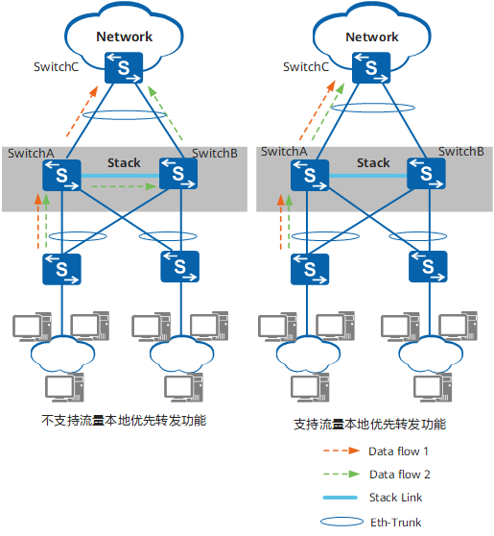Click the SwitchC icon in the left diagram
(x=124, y=67)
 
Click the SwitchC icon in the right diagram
(x=371, y=67)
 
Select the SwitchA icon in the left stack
(x=61, y=175)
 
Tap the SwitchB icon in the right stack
(x=426, y=174)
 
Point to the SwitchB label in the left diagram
(x=215, y=153)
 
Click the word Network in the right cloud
(x=372, y=37)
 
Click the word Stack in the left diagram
(x=124, y=162)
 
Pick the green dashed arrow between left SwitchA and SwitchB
(x=125, y=186)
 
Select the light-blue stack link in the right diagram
(x=368, y=176)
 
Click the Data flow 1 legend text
(x=398, y=451)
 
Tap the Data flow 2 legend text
(x=399, y=475)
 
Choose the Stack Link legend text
(x=395, y=498)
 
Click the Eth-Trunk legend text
(x=395, y=522)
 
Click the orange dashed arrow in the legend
(x=341, y=451)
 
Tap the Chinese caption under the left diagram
(x=124, y=420)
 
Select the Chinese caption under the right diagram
(x=370, y=425)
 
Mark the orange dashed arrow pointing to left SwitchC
(x=82, y=111)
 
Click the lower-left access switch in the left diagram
(x=61, y=269)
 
